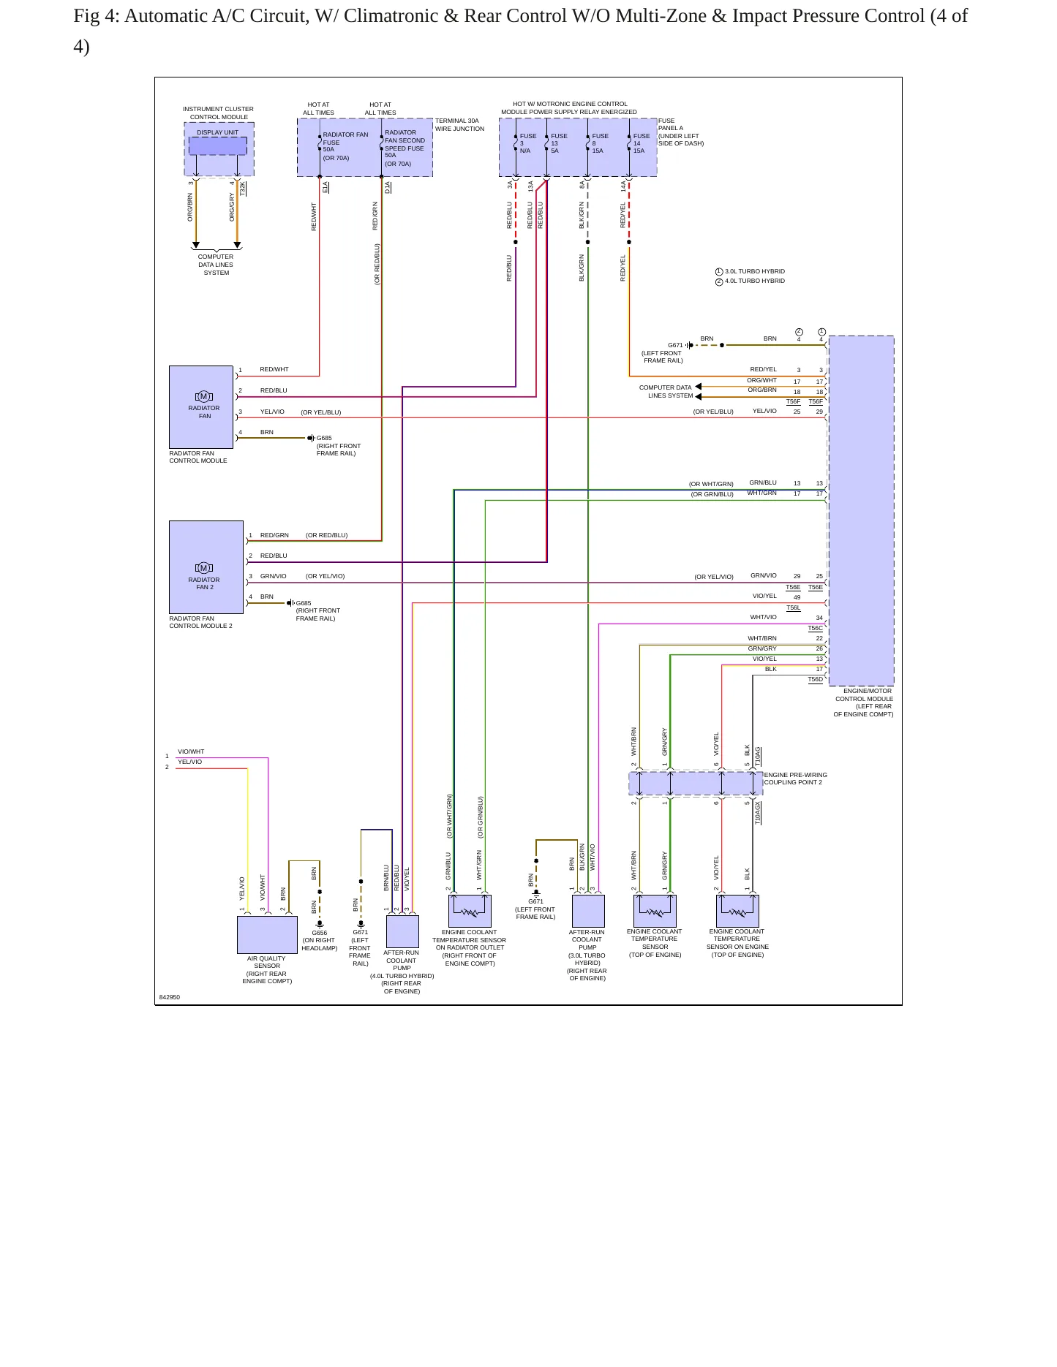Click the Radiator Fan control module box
point(201,407)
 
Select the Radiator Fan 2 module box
point(206,567)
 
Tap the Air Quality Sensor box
point(267,934)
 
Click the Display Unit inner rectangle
point(218,146)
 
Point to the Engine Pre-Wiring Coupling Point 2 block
point(696,784)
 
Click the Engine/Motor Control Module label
point(864,703)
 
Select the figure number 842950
point(170,997)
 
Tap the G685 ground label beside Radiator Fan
point(324,439)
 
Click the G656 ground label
point(320,933)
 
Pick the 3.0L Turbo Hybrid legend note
point(750,271)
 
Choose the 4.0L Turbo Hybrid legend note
point(750,281)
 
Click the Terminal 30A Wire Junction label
point(459,125)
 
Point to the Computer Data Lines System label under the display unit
point(216,265)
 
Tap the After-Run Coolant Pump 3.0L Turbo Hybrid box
point(588,911)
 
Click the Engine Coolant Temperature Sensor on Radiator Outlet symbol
point(470,911)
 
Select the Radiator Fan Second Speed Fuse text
point(405,140)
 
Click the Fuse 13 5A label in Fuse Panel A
point(558,143)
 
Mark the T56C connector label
point(815,628)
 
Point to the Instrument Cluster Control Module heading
point(218,113)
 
